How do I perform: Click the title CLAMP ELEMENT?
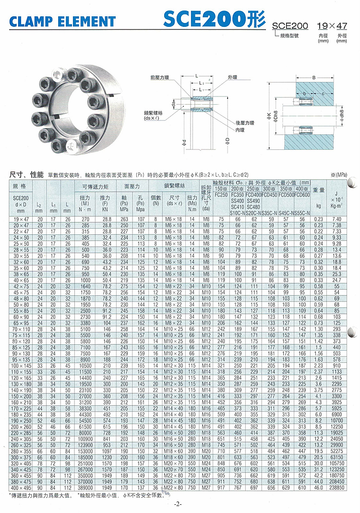pyautogui.click(x=63, y=21)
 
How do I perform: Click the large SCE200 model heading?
pyautogui.click(x=214, y=19)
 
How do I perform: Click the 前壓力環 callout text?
pyautogui.click(x=159, y=77)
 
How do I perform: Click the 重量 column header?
pyautogui.click(x=319, y=190)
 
